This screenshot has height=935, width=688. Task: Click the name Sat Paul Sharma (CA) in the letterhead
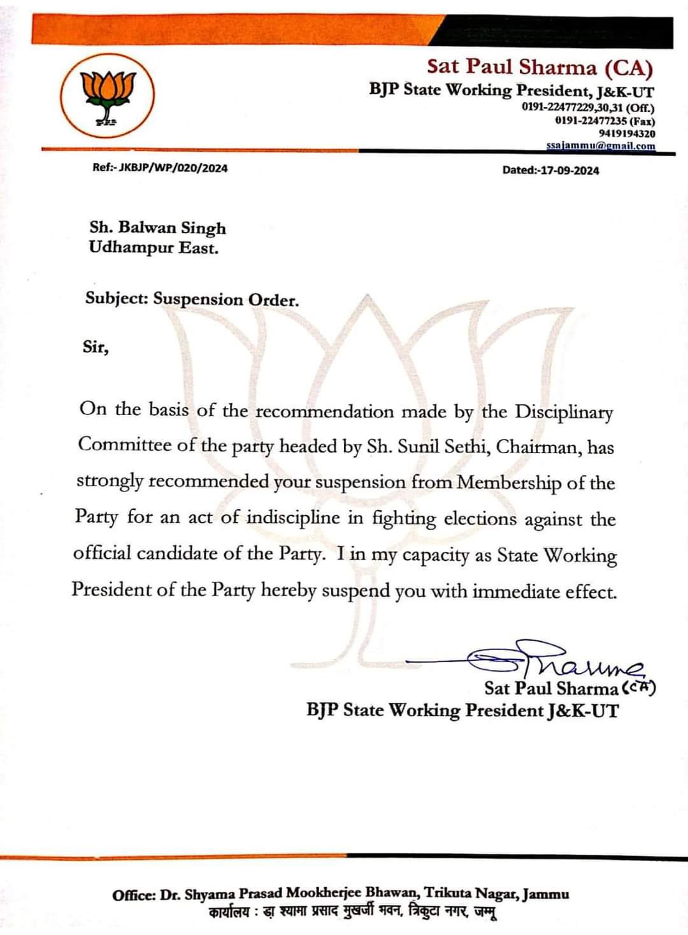click(540, 67)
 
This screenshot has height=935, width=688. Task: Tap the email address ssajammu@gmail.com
click(600, 146)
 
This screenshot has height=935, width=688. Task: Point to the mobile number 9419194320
click(627, 133)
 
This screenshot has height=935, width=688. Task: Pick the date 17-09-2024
click(570, 170)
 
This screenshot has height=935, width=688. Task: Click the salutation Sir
click(96, 347)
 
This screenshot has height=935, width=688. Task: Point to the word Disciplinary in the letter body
click(564, 412)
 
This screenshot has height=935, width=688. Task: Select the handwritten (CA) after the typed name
click(638, 688)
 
